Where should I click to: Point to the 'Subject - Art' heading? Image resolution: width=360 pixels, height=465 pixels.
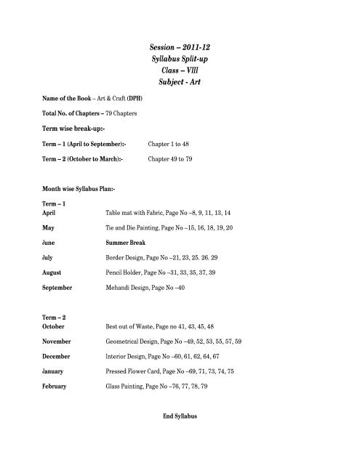tap(180, 86)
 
